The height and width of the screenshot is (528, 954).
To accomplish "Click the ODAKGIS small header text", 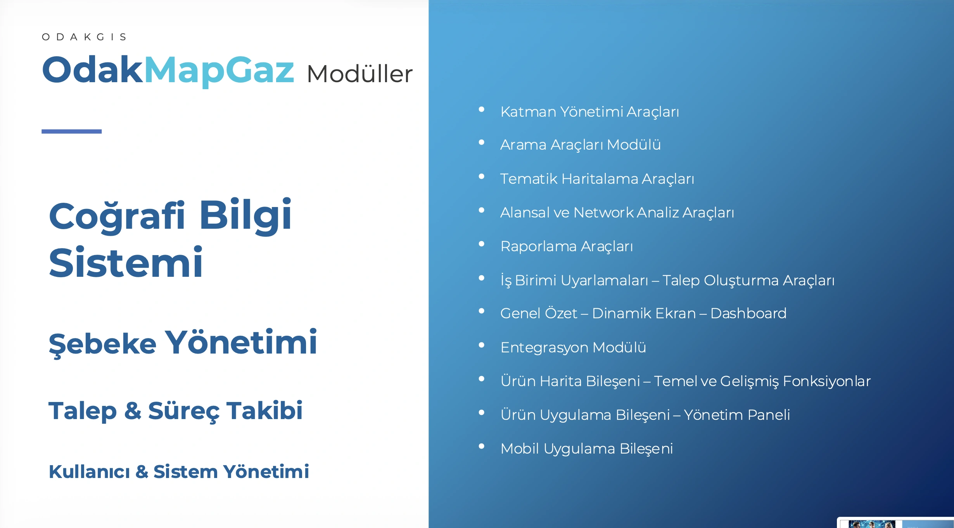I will (x=84, y=37).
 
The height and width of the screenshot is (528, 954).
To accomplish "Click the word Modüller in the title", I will (x=359, y=74).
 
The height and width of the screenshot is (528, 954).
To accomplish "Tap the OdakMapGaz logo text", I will (x=168, y=70).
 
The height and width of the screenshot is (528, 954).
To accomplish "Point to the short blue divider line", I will (x=71, y=131).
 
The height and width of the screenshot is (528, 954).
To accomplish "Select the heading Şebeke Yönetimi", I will (x=183, y=343).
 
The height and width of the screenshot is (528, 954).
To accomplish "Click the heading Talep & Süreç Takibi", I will (x=175, y=411).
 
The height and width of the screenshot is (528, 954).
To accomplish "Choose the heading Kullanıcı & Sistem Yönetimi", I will (x=179, y=472).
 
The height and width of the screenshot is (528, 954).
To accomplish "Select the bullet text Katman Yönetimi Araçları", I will (x=589, y=112).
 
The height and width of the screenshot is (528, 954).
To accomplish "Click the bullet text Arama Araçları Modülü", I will (x=580, y=145).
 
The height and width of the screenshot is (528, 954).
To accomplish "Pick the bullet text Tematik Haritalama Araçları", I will (x=597, y=179).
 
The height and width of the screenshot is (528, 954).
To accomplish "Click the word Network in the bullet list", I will (x=603, y=212).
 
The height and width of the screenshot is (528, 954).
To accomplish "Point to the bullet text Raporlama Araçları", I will (x=567, y=246).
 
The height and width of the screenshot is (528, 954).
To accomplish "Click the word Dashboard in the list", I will (x=748, y=313).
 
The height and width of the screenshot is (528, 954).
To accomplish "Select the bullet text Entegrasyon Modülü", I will (x=573, y=347).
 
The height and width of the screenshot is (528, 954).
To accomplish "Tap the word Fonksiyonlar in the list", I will (x=826, y=381).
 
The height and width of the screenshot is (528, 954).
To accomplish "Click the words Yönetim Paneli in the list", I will (x=737, y=415).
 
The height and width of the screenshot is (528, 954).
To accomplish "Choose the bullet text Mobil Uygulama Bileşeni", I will (x=586, y=449).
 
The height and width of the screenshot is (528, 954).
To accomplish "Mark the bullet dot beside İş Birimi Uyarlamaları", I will (x=482, y=278).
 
